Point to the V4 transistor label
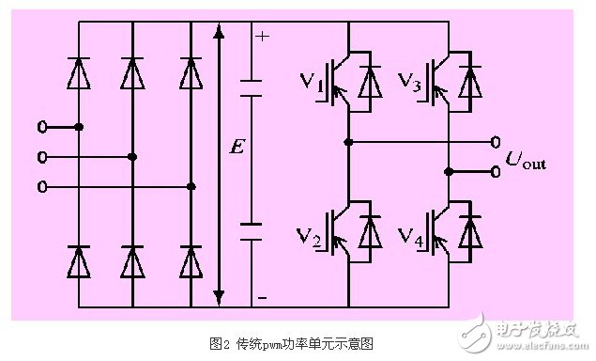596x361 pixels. coord(409,234)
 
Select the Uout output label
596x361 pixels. coord(525,163)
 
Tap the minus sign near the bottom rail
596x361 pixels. coord(261,297)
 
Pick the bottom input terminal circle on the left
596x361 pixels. coord(41,187)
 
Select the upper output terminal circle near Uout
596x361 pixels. coord(495,143)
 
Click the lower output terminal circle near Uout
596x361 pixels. coord(495,172)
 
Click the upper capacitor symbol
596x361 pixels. coord(252,88)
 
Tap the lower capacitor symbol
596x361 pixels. coord(252,231)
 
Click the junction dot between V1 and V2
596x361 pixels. coord(348,143)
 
